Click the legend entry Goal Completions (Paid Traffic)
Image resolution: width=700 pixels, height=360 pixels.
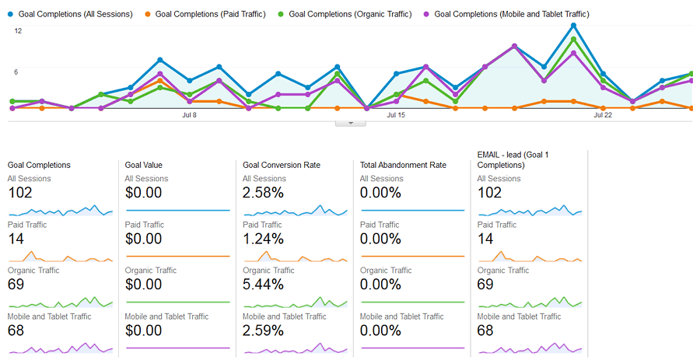210,14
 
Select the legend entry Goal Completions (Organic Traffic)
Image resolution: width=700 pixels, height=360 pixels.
348,14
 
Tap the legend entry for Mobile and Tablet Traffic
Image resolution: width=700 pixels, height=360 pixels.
511,14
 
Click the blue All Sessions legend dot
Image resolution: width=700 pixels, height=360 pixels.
10,14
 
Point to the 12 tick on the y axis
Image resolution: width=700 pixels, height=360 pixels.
18,31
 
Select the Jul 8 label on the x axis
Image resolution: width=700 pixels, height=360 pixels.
189,115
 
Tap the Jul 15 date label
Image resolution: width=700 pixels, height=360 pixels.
396,115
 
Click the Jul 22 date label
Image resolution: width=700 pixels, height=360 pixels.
603,115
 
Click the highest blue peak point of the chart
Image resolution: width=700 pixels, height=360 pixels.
573,25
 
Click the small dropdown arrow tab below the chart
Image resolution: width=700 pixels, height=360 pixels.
350,122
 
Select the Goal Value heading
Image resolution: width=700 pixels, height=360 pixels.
143,165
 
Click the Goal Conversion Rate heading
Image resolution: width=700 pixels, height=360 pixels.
282,165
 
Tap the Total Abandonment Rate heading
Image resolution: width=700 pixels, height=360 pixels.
404,165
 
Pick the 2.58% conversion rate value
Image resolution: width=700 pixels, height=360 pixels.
263,193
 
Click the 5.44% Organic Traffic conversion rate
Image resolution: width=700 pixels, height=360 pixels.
263,285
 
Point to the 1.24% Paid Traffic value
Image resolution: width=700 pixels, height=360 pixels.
263,239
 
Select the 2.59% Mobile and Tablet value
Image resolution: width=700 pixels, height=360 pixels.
263,330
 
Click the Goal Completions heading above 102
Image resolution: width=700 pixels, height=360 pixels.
39,165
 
